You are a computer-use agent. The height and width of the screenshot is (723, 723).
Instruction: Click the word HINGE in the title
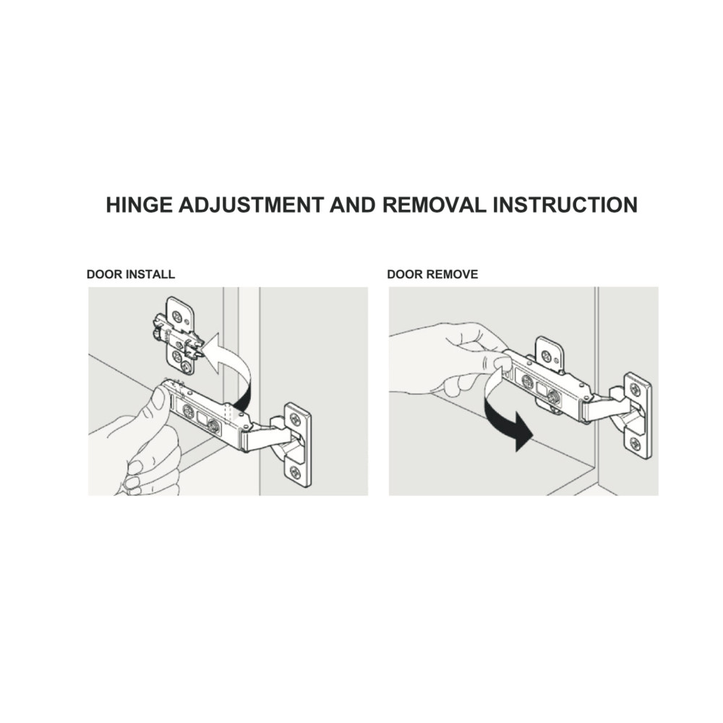(x=140, y=205)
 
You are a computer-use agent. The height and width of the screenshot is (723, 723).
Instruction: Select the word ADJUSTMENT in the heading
(x=251, y=205)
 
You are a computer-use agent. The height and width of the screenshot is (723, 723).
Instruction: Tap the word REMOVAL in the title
(x=435, y=205)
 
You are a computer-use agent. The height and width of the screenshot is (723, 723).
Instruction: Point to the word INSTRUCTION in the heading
(x=565, y=205)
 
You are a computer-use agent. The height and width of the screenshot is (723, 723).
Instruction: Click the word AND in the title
(x=353, y=205)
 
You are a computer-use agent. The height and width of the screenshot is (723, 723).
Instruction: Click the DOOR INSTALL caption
(x=131, y=274)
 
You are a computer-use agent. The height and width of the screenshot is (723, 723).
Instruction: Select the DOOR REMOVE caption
(x=432, y=274)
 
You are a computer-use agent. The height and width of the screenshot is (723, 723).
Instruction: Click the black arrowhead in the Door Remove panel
(x=523, y=431)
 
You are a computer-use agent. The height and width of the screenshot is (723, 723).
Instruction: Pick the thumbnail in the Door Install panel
(x=158, y=398)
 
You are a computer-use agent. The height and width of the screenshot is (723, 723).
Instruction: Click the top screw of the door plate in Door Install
(x=295, y=419)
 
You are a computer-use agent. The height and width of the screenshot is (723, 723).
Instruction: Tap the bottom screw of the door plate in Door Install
(x=295, y=472)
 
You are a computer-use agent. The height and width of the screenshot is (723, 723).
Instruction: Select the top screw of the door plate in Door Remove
(x=635, y=390)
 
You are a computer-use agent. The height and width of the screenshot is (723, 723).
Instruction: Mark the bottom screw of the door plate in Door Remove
(x=636, y=444)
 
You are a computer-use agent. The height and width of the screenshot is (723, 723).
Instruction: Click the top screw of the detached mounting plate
(x=178, y=317)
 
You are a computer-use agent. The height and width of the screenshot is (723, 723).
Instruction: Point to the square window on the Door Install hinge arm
(x=202, y=418)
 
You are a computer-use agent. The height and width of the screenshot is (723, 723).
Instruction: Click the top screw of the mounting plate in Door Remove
(x=547, y=356)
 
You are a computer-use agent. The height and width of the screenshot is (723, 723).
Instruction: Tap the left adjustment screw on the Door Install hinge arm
(x=188, y=411)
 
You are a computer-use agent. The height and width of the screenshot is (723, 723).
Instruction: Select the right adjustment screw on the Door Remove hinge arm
(x=553, y=395)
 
